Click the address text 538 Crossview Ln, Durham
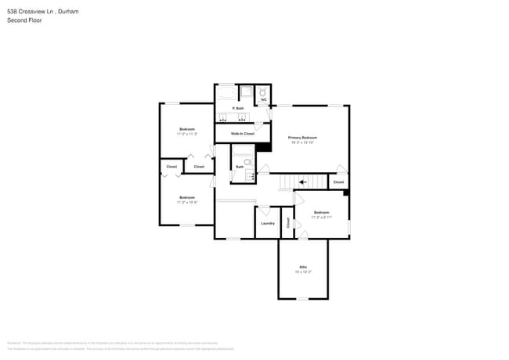coord(42,12)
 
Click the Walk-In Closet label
coord(242,134)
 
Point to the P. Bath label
coord(240,108)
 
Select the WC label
coord(264,100)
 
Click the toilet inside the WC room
coord(263,91)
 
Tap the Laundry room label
coord(267,223)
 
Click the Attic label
coord(302,267)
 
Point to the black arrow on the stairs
coord(302,182)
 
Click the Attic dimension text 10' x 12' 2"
coord(302,272)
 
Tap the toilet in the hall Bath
coord(247,163)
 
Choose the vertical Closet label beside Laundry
coord(287,223)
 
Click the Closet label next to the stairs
coord(338,182)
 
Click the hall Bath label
coord(240,167)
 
